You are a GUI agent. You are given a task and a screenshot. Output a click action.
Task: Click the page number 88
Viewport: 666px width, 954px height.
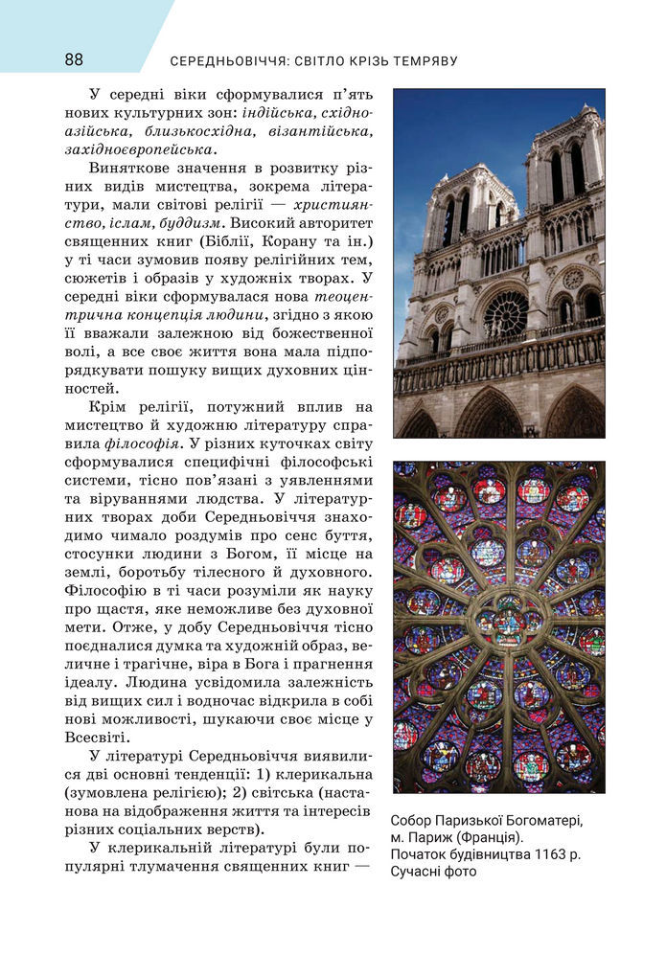(x=74, y=59)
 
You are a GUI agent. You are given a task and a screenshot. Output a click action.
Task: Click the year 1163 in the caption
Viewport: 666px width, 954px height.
(x=537, y=854)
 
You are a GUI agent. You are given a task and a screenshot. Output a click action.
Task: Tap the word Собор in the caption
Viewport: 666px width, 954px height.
(x=415, y=821)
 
